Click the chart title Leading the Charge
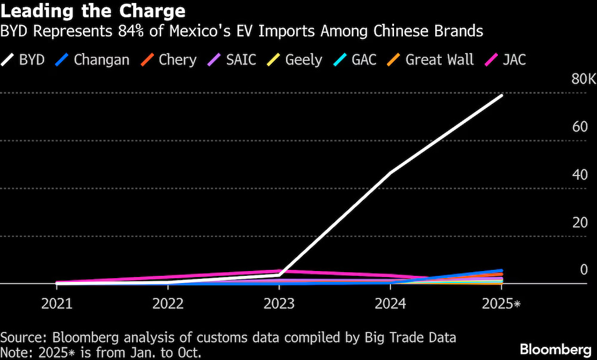click(93, 11)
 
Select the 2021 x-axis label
click(57, 303)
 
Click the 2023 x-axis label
click(279, 303)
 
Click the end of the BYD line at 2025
click(501, 95)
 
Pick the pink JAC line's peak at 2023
click(279, 271)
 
